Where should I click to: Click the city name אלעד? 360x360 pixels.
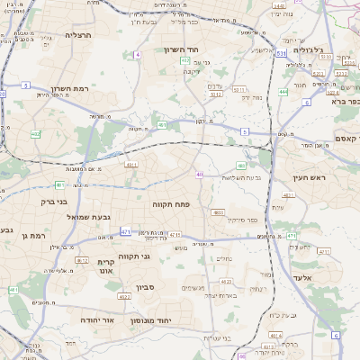(312, 278)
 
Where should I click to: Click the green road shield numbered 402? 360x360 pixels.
(184, 61)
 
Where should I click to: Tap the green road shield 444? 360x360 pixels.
(283, 91)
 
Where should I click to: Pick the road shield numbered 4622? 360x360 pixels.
(125, 296)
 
